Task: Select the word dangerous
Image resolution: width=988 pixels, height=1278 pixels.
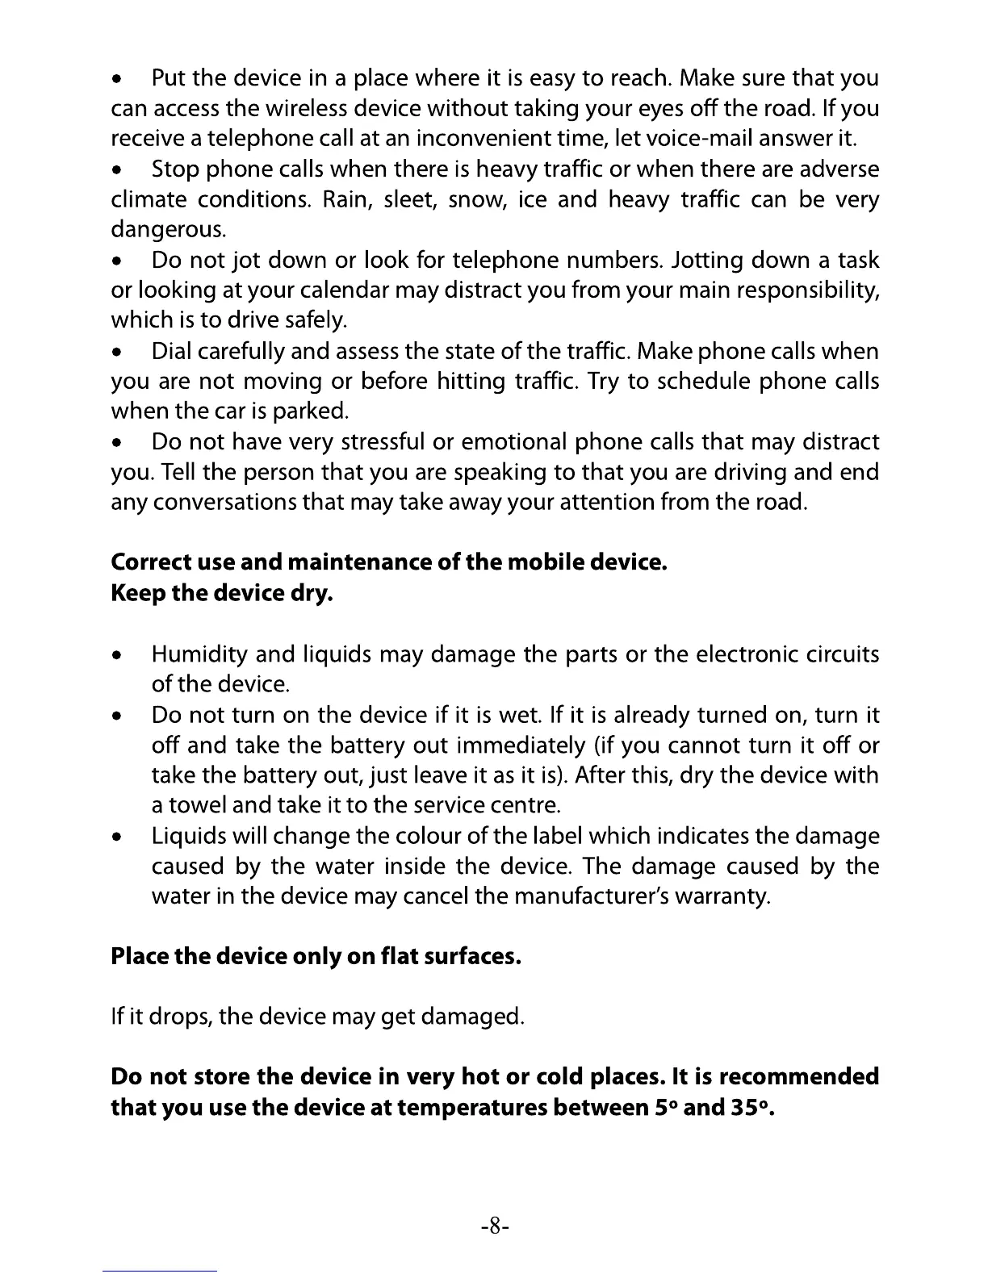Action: pos(168,230)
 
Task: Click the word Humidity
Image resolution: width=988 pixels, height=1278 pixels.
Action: pos(199,654)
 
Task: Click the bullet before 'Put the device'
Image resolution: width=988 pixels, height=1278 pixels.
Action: pos(118,80)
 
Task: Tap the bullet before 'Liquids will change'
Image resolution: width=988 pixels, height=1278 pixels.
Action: pos(118,837)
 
